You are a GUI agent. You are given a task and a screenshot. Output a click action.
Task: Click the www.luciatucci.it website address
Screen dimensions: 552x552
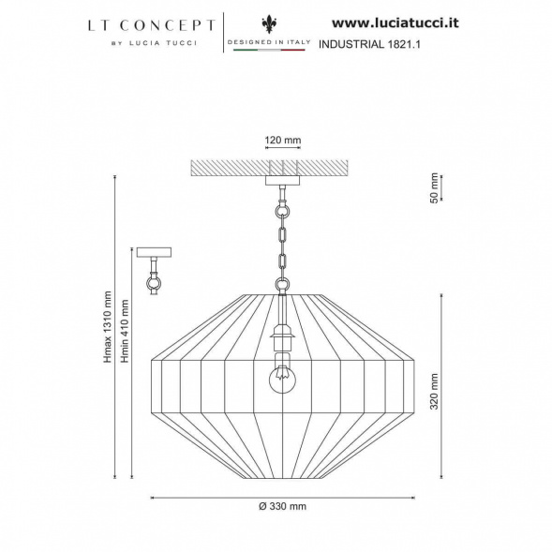[x=395, y=23]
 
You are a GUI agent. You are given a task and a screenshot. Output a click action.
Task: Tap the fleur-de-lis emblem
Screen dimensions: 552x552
[x=269, y=24]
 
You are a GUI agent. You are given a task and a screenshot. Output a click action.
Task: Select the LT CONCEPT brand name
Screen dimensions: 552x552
[x=152, y=25]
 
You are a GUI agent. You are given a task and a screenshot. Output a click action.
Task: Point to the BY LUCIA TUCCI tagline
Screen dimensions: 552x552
[x=155, y=43]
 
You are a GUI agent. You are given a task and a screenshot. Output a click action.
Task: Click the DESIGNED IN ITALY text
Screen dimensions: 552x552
[x=269, y=42]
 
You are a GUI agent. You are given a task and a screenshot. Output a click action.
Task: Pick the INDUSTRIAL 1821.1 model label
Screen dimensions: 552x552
[x=369, y=44]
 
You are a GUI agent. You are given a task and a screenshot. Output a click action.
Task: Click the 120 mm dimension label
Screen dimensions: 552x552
[x=283, y=141]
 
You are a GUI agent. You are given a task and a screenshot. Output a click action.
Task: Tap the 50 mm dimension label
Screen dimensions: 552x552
[x=435, y=188]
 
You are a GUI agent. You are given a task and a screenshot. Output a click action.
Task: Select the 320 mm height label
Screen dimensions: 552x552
[x=435, y=392]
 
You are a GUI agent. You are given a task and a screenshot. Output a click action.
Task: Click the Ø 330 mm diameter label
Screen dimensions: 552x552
[x=283, y=506]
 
